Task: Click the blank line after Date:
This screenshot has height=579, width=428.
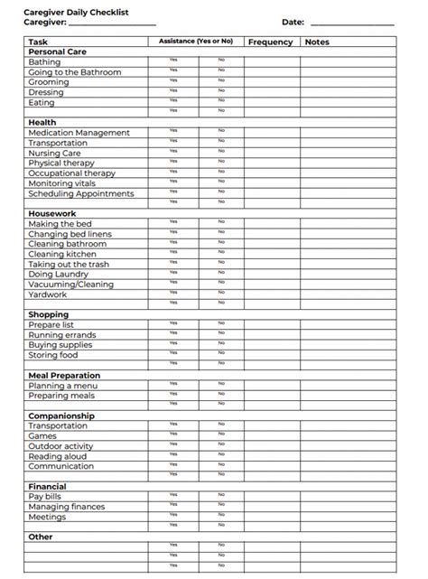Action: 352,22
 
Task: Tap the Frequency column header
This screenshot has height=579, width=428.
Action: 270,42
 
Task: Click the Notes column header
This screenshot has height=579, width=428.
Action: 318,42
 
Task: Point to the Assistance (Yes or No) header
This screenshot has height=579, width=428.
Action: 195,42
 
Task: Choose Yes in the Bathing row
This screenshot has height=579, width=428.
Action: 173,61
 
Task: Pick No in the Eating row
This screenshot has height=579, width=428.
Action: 221,101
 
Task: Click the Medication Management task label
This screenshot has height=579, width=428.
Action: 79,133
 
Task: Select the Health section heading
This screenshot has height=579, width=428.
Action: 42,122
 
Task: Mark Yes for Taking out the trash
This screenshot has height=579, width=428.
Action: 173,263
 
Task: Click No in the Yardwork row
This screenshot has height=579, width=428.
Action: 221,293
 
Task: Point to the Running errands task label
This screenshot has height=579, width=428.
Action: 62,334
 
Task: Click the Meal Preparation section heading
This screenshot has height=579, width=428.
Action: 64,375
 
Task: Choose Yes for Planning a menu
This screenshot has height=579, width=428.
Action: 173,384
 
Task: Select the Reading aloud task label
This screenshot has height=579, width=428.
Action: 58,456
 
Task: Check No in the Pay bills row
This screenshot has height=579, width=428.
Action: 221,495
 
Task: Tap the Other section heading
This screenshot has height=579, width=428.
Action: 41,537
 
